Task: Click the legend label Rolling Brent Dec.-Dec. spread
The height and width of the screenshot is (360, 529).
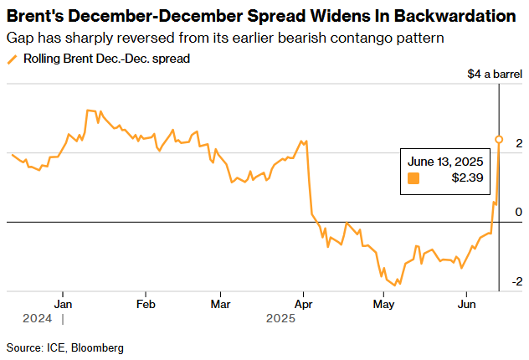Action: click(106, 59)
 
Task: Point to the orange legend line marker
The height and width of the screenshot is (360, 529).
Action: click(11, 59)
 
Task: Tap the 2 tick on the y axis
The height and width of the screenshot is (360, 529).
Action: click(519, 143)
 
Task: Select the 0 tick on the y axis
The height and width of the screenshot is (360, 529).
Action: click(519, 212)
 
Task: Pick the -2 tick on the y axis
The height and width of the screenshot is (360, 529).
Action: click(517, 281)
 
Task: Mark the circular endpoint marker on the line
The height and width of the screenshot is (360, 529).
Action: click(499, 140)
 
